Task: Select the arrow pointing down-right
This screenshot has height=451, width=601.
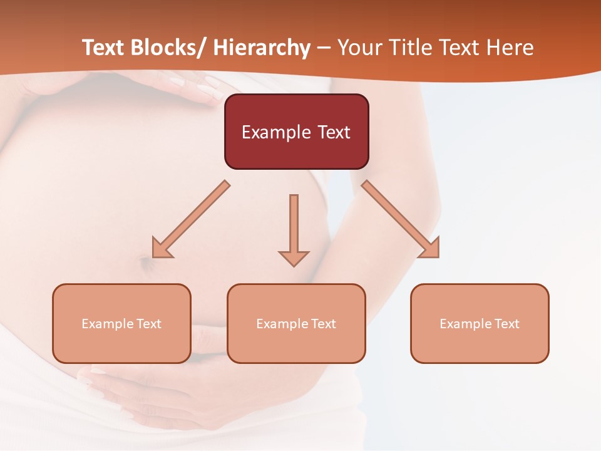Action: click(401, 219)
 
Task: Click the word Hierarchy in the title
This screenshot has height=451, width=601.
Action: click(262, 48)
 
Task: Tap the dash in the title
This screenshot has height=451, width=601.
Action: click(323, 49)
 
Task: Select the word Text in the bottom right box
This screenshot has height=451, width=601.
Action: click(506, 324)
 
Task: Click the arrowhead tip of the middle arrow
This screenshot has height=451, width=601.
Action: click(294, 265)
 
